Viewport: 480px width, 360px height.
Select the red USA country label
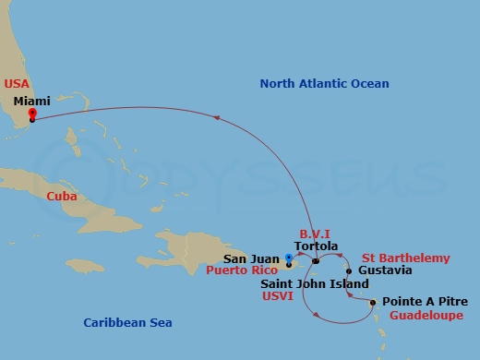pyautogui.click(x=17, y=83)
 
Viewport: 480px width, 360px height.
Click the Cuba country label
pyautogui.click(x=61, y=197)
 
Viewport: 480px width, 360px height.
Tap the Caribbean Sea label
pyautogui.click(x=127, y=323)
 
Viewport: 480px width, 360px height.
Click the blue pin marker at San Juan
pyautogui.click(x=289, y=258)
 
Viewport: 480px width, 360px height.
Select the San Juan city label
pyautogui.click(x=252, y=259)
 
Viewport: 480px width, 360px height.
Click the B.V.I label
pyautogui.click(x=315, y=234)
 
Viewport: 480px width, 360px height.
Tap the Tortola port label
pyautogui.click(x=317, y=246)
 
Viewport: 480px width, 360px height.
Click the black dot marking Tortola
pyautogui.click(x=316, y=261)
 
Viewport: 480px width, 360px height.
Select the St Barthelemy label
pyautogui.click(x=406, y=258)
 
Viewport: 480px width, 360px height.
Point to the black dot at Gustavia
pyautogui.click(x=349, y=271)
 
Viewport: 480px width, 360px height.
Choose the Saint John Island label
pyautogui.click(x=315, y=284)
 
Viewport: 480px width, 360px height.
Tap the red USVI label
pyautogui.click(x=277, y=297)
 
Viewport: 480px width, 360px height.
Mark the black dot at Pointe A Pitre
pyautogui.click(x=372, y=303)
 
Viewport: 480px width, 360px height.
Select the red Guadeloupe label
pyautogui.click(x=426, y=315)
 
